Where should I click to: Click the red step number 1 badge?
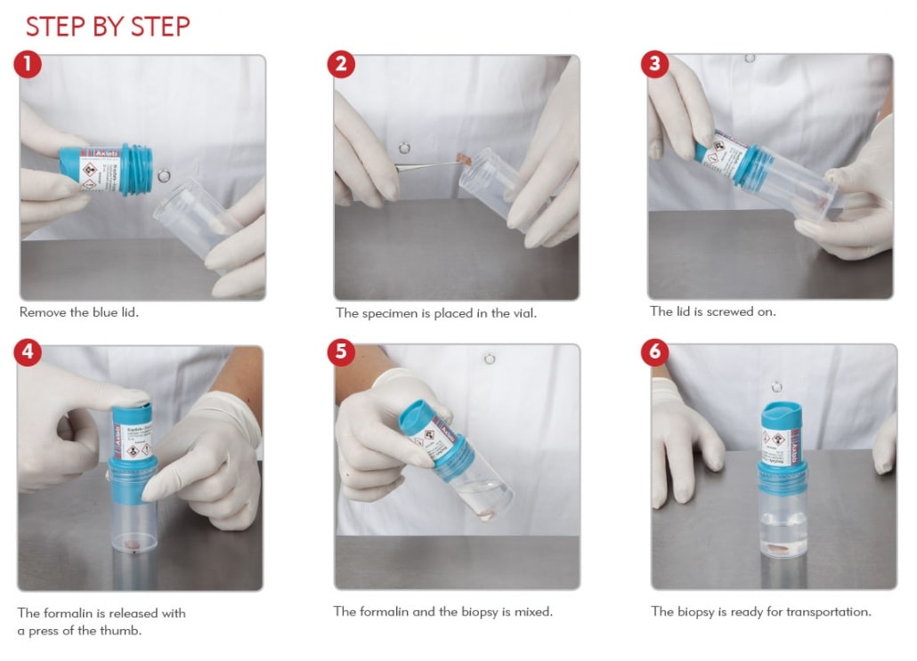[x=28, y=64]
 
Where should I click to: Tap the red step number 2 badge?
[x=342, y=64]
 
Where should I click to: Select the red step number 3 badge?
[x=655, y=64]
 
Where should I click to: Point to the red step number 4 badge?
[x=28, y=352]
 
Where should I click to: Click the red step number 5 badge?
[x=342, y=352]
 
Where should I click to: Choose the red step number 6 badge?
[x=655, y=352]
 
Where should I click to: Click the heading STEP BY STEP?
[x=108, y=27]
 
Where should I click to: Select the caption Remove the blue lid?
[x=79, y=313]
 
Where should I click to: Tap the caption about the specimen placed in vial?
[x=435, y=313]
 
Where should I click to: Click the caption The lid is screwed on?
[x=713, y=312]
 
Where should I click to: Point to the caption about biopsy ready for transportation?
[x=760, y=611]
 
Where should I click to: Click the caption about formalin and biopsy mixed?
[x=442, y=611]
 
